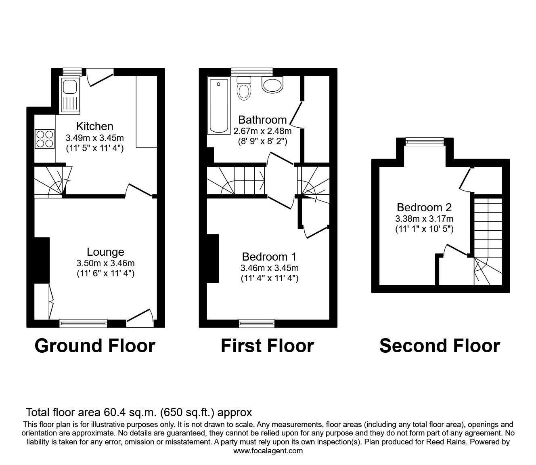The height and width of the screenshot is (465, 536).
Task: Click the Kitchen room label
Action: tap(94, 126)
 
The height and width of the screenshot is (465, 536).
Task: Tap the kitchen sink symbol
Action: tap(70, 95)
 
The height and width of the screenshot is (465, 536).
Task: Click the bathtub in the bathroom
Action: tap(218, 106)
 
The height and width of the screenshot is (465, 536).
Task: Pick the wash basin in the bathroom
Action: tap(273, 84)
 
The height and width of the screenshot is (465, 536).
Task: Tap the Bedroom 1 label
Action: tap(269, 257)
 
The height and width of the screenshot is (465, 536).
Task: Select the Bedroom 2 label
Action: tap(424, 207)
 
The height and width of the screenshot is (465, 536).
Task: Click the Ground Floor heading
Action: tap(95, 346)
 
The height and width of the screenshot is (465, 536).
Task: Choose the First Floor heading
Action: tap(267, 346)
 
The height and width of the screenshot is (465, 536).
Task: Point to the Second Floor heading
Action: tap(440, 346)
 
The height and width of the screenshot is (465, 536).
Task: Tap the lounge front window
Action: tap(83, 323)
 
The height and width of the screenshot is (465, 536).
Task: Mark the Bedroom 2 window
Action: tap(424, 141)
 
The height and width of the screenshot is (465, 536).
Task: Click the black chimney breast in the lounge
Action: tap(42, 260)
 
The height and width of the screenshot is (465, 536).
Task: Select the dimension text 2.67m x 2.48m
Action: tap(262, 131)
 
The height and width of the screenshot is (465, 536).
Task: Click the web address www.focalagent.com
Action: tap(268, 451)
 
